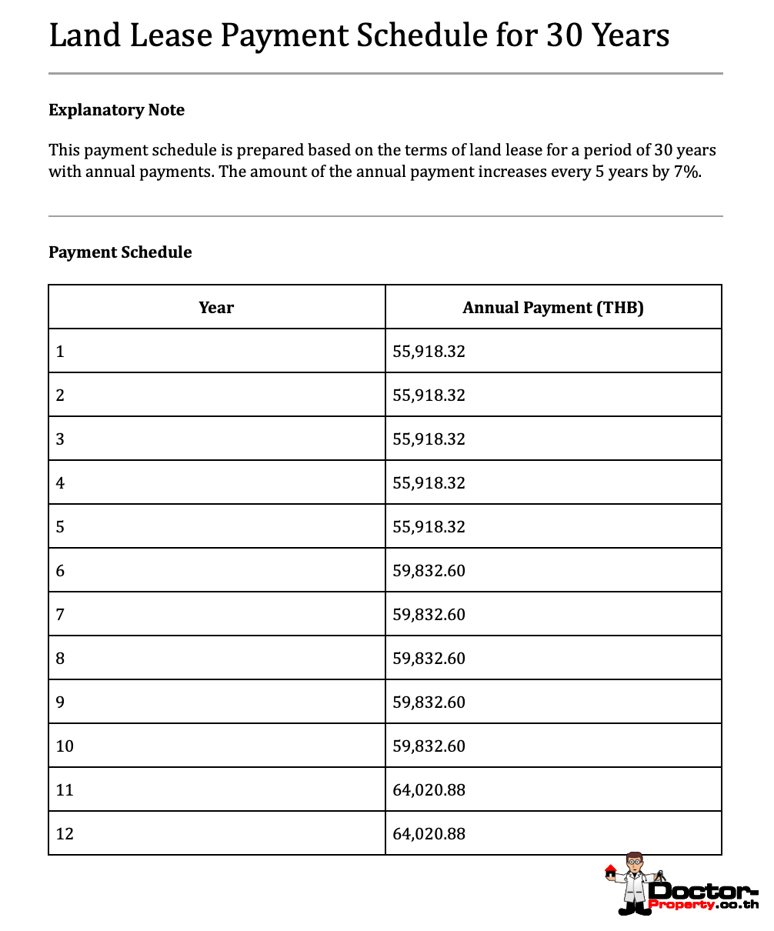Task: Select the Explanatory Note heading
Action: [116, 110]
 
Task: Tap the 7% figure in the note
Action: [687, 171]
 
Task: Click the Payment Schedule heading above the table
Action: [120, 252]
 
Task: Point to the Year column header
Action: [216, 308]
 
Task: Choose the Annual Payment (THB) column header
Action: [552, 308]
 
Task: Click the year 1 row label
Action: [60, 352]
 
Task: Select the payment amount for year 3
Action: [429, 439]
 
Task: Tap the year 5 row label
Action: [60, 527]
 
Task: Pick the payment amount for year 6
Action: [429, 571]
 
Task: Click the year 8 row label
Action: [60, 659]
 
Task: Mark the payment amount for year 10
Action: [429, 746]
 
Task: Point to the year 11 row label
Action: [65, 790]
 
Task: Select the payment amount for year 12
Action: [429, 834]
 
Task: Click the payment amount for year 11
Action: [429, 790]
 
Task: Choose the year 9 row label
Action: [60, 702]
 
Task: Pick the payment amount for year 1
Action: [429, 352]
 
